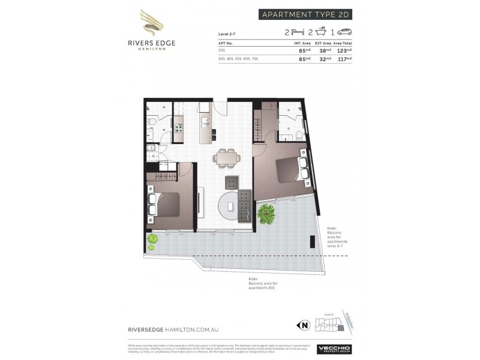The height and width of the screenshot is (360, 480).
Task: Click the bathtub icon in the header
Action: pos(322,32)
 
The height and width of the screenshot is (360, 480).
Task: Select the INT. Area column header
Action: pos(301,43)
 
